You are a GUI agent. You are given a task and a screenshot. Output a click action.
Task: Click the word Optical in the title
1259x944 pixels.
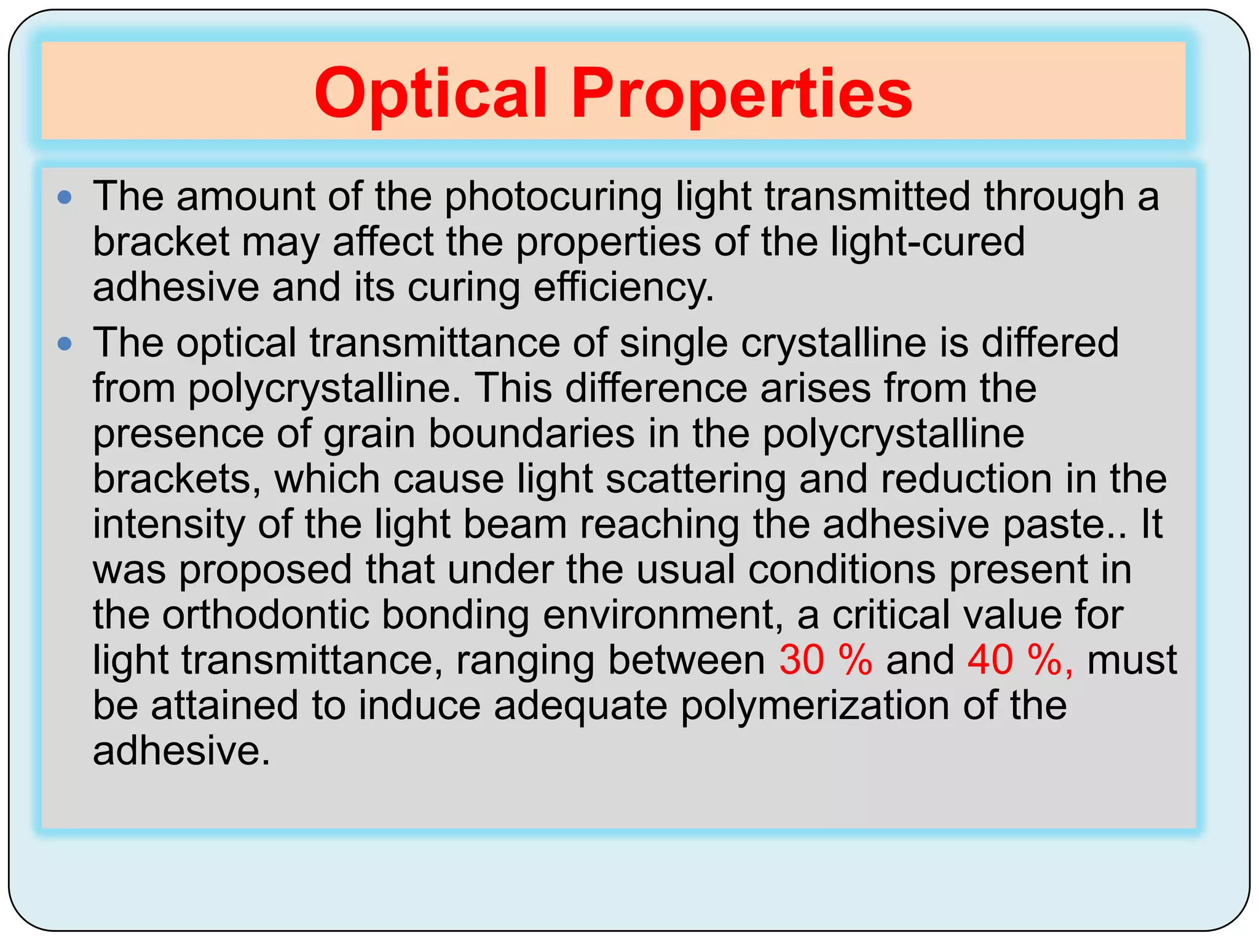click(430, 93)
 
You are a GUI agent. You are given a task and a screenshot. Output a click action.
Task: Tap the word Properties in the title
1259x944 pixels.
click(742, 93)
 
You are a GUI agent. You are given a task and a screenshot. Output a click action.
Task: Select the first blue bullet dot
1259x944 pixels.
click(65, 197)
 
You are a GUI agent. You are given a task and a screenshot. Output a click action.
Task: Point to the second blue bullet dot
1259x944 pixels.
click(65, 344)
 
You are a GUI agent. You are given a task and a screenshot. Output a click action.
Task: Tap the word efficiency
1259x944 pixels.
click(623, 287)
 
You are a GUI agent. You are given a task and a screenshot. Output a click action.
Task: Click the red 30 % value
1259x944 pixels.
click(826, 661)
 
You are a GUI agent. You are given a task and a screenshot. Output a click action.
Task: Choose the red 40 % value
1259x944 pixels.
click(1020, 661)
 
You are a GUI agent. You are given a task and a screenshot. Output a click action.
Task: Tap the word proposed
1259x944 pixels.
click(266, 570)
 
